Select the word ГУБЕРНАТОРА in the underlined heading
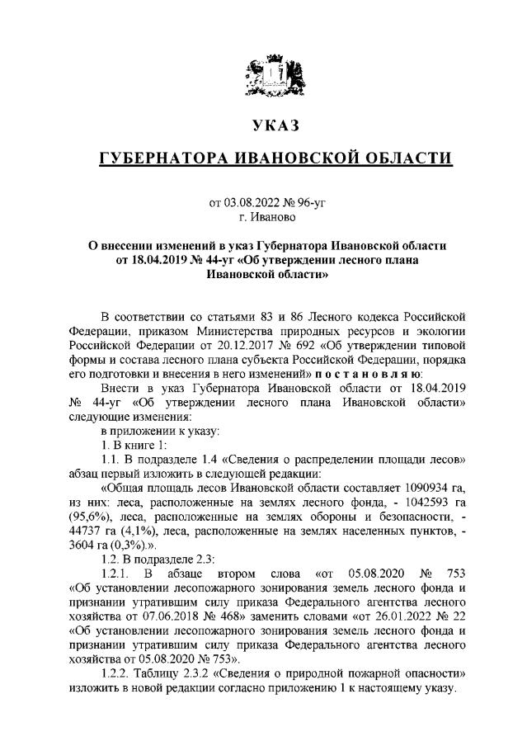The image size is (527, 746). click(158, 159)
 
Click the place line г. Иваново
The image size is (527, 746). click(263, 216)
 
